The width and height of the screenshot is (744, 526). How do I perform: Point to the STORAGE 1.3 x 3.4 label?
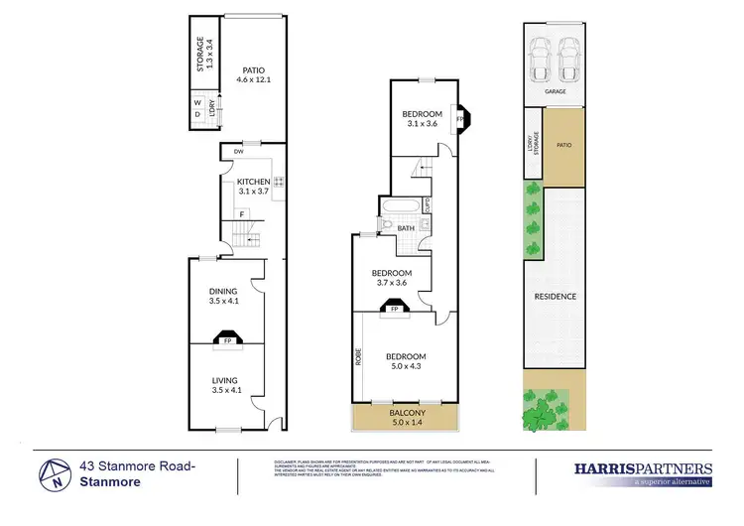click(202, 54)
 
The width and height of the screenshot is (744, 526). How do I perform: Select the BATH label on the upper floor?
click(406, 228)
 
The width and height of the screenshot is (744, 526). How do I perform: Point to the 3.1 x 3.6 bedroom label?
click(422, 119)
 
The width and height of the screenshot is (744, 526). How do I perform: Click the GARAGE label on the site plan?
click(555, 90)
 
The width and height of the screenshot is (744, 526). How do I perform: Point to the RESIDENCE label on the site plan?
click(556, 296)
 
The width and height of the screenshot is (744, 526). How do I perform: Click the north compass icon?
click(56, 472)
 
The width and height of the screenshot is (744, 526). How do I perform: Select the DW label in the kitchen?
click(239, 152)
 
